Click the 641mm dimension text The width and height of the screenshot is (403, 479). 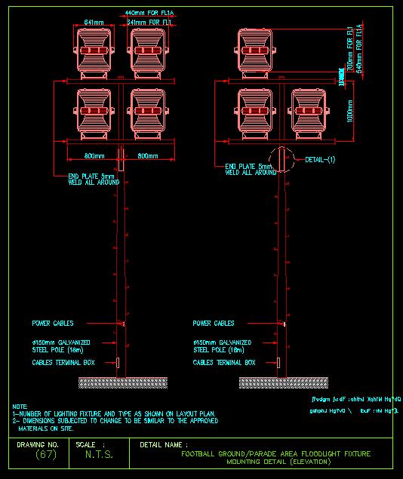[94, 22]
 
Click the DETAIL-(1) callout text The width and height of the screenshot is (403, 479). [320, 160]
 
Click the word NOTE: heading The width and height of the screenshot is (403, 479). [20, 406]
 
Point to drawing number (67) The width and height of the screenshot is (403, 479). [46, 455]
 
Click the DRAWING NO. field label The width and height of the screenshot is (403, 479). [38, 444]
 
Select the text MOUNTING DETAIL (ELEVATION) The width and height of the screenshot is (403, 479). [279, 461]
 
